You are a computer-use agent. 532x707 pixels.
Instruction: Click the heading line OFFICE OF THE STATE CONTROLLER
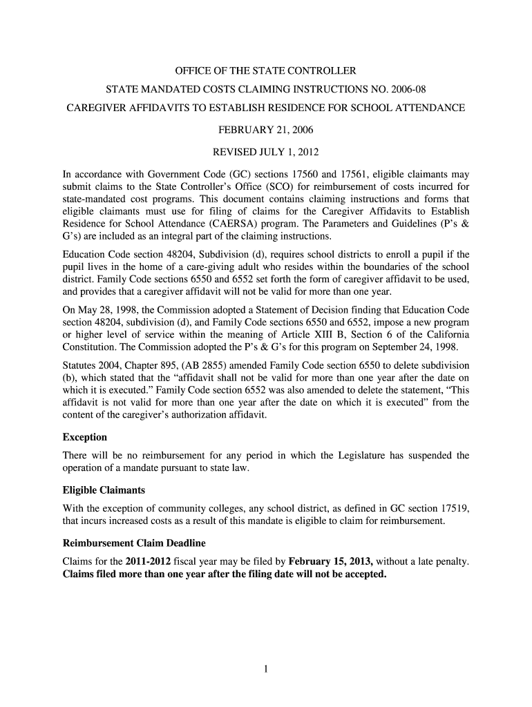tap(265, 71)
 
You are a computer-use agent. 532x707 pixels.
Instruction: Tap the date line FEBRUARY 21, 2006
tap(265, 129)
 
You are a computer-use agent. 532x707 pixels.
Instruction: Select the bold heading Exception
tap(85, 437)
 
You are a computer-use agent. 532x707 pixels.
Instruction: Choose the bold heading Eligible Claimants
tap(104, 490)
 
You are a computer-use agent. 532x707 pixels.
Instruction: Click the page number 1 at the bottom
tap(266, 668)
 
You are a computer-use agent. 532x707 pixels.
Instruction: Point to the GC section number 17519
tap(453, 508)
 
